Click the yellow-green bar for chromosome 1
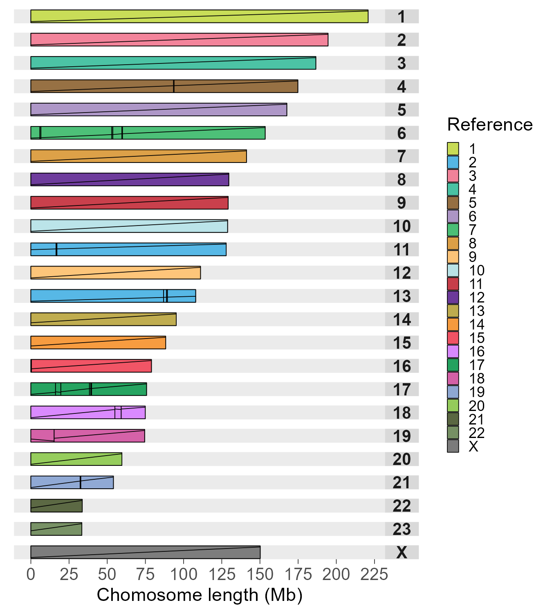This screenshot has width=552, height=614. click(199, 16)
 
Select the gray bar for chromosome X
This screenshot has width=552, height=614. click(145, 552)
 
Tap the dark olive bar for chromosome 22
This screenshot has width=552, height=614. click(56, 506)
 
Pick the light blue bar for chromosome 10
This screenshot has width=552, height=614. click(129, 226)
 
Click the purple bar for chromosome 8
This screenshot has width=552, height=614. click(130, 179)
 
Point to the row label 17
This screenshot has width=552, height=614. click(402, 390)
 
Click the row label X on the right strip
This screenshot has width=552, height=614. click(402, 553)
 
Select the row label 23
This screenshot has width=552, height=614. click(402, 529)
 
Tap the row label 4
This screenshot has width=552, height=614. click(402, 87)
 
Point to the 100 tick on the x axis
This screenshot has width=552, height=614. click(184, 575)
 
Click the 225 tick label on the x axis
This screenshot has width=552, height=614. click(374, 575)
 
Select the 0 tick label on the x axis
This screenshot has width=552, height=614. click(31, 575)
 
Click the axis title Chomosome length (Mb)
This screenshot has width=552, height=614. click(200, 595)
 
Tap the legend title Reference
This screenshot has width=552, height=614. click(490, 124)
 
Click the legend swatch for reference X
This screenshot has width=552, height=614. click(453, 446)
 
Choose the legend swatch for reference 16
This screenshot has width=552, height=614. click(453, 352)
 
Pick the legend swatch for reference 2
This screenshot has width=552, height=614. click(453, 163)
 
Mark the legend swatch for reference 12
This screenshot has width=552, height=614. click(453, 298)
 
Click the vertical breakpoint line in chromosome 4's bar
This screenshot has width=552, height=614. click(174, 86)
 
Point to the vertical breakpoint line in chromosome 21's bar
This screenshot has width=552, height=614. click(80, 483)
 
